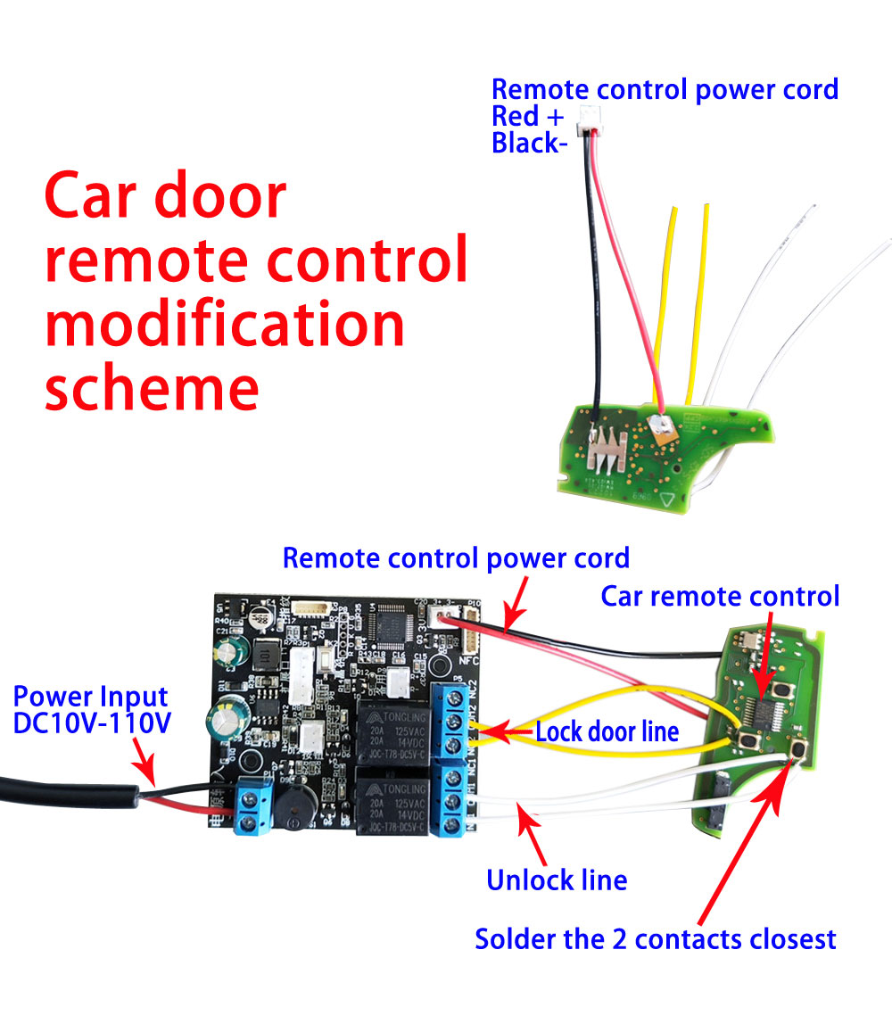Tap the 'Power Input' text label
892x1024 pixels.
pyautogui.click(x=91, y=697)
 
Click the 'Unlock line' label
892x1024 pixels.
pyautogui.click(x=557, y=880)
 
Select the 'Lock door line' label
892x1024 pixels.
pyautogui.click(x=607, y=732)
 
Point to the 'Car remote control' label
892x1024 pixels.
pyautogui.click(x=720, y=596)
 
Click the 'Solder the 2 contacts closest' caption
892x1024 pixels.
pyautogui.click(x=656, y=938)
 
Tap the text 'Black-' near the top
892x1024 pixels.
pyautogui.click(x=529, y=144)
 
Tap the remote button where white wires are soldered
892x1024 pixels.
pyautogui.click(x=797, y=749)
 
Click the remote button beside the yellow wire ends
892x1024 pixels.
pyautogui.click(x=747, y=736)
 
